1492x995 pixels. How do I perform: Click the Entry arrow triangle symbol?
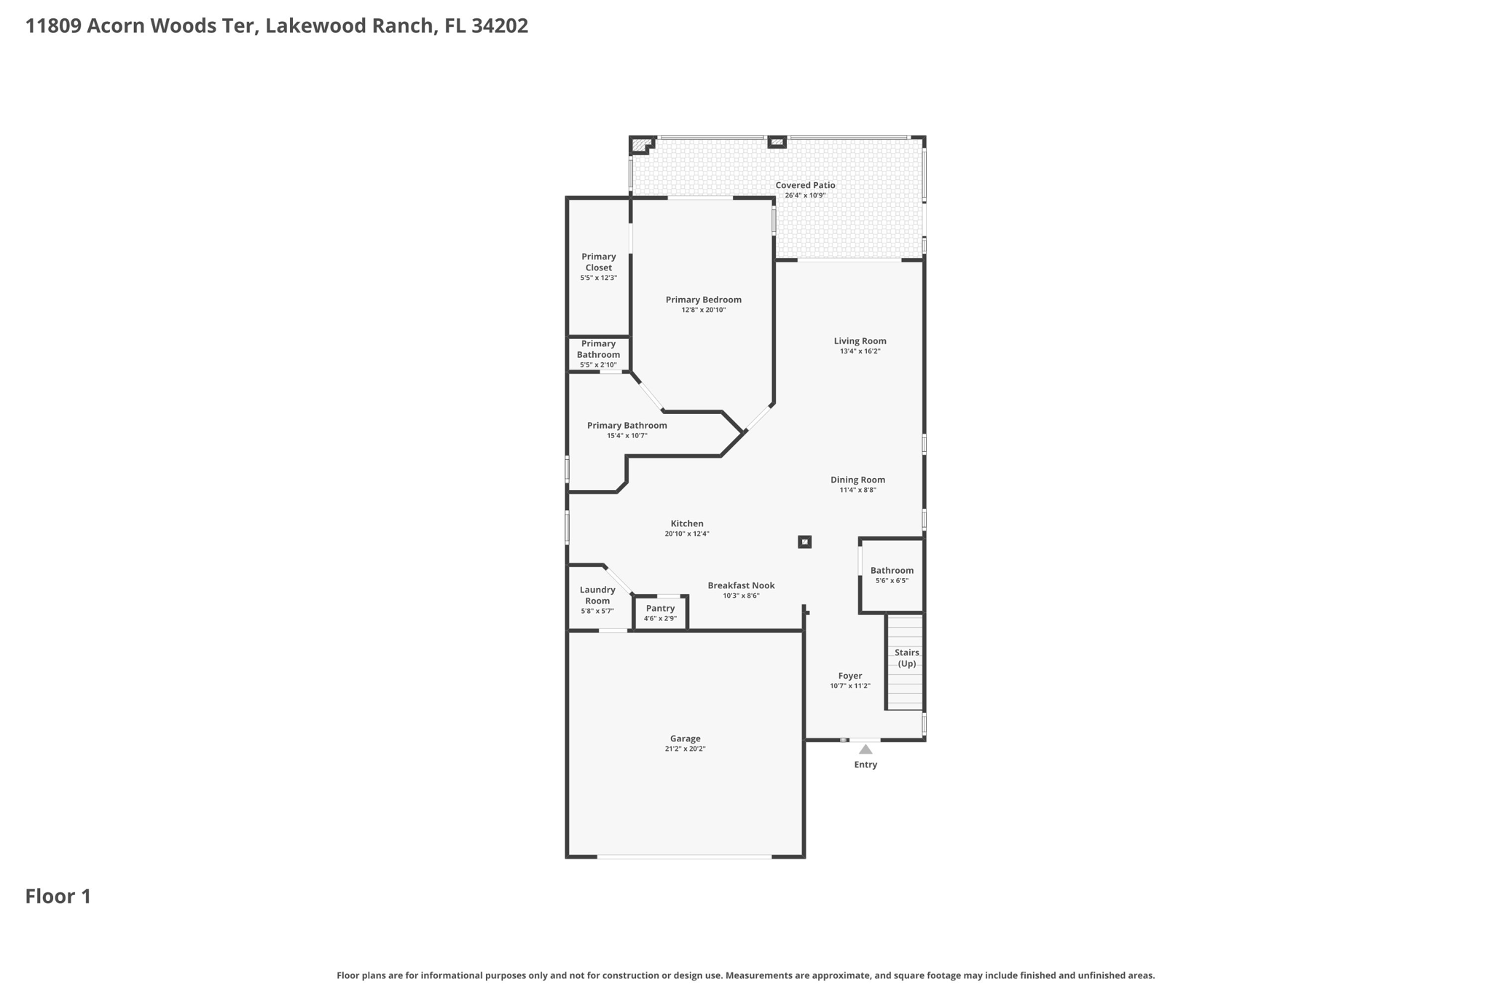(865, 749)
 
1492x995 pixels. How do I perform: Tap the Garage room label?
(685, 738)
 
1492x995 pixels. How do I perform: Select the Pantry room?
(660, 612)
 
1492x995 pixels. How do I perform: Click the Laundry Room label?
(597, 595)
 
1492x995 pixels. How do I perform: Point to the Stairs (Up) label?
(906, 658)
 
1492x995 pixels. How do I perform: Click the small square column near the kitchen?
(804, 542)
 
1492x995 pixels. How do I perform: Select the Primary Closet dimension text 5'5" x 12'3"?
(598, 278)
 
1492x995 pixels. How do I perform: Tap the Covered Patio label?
(805, 185)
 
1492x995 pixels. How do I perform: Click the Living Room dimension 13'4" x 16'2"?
(860, 351)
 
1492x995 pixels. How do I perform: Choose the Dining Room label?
(857, 480)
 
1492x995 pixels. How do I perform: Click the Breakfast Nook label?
(741, 585)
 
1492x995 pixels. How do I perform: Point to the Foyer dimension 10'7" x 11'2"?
(849, 686)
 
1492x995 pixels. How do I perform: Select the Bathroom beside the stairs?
(892, 575)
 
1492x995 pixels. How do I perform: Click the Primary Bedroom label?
(703, 300)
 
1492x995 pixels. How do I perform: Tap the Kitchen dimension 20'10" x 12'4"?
(686, 534)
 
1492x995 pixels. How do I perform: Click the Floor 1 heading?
(58, 897)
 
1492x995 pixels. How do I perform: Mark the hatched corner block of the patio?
(640, 145)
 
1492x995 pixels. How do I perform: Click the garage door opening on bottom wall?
(684, 857)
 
